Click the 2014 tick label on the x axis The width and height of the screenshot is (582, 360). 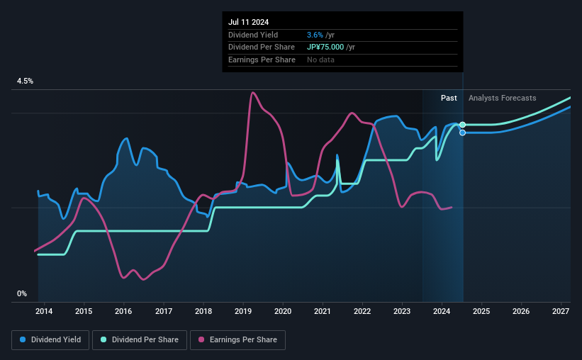(44, 311)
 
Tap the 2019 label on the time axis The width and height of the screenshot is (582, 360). (243, 311)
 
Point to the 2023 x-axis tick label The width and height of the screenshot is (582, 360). (402, 311)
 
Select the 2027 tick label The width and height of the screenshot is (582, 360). (561, 311)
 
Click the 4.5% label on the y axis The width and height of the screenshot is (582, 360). (25, 81)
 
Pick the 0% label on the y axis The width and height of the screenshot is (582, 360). (22, 293)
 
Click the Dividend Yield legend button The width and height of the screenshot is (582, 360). (50, 340)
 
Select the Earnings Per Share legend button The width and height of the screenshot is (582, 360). (237, 340)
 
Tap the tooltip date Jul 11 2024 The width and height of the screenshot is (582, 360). (250, 21)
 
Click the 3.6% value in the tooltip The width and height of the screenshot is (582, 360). (315, 35)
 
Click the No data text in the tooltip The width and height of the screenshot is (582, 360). (321, 60)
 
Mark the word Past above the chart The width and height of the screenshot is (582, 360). (449, 98)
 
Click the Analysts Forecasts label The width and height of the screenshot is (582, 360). (503, 98)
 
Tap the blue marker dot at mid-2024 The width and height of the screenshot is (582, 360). (463, 133)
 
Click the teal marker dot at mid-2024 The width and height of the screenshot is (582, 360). (463, 125)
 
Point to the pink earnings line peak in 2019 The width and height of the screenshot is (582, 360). (252, 93)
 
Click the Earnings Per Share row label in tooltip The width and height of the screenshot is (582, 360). (262, 60)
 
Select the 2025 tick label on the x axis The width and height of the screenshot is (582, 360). (481, 311)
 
